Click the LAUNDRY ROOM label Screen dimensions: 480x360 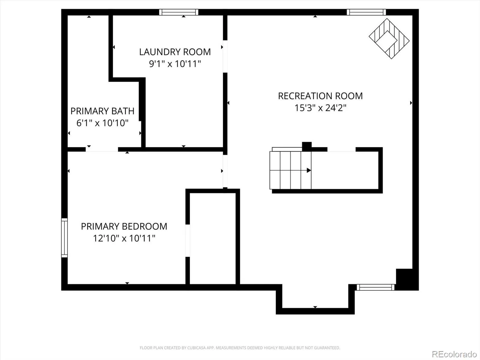[175, 52]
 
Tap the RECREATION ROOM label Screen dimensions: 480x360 [320, 96]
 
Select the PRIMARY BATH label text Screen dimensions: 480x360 [102, 111]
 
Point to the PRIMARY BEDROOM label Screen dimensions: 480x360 [124, 226]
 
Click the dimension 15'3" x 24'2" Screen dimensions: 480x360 [320, 108]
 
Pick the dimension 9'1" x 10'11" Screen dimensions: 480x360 [175, 64]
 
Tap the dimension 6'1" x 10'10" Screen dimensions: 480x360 [102, 123]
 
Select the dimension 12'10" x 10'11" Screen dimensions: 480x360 [124, 238]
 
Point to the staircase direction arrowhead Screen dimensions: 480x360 [309, 170]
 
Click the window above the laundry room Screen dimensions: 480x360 [179, 12]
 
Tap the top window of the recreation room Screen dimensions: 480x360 [366, 12]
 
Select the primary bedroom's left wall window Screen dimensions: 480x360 [64, 238]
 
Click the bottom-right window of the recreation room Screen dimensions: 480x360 [376, 287]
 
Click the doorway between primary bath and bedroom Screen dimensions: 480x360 [102, 149]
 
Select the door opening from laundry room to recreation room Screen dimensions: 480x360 [225, 57]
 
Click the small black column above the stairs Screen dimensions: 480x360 [307, 146]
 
